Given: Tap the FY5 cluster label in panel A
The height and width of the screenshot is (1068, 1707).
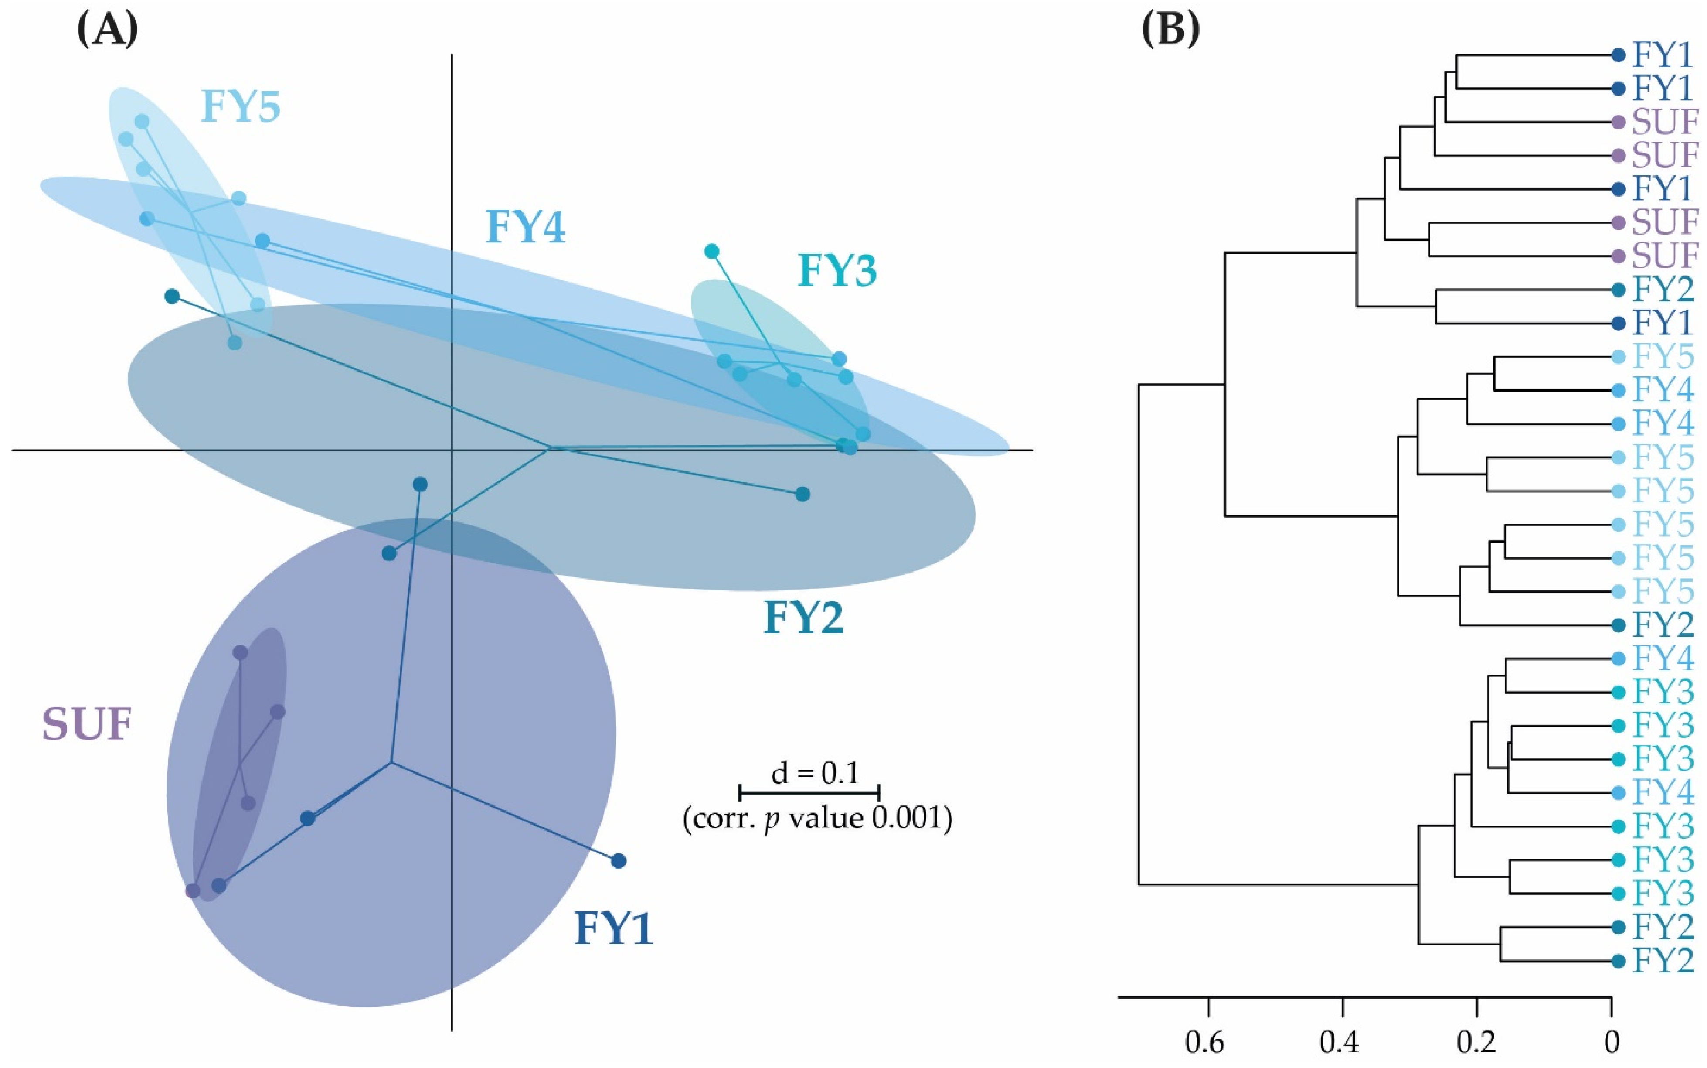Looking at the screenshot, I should coord(241,107).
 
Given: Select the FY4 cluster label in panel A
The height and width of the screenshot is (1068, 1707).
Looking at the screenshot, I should coord(526,228).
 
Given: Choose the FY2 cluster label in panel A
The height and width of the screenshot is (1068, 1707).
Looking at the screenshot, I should coord(803,618).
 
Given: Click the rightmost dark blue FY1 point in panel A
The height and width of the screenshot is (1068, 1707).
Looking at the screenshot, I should coord(619,861).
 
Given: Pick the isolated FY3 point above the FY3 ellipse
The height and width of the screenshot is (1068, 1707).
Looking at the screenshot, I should coord(711,251).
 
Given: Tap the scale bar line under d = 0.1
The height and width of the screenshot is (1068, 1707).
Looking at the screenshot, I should coord(809,792).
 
